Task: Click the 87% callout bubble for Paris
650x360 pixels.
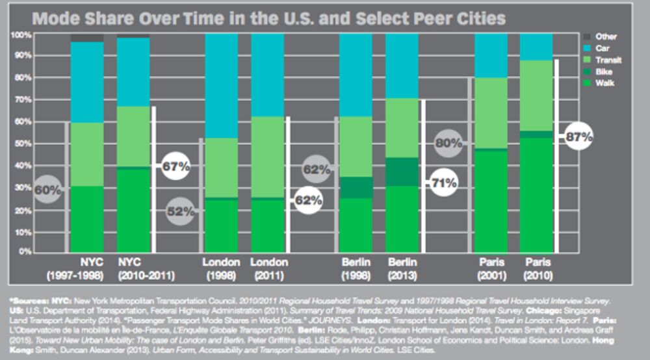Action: click(x=578, y=137)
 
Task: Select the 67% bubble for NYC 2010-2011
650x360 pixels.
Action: click(x=175, y=166)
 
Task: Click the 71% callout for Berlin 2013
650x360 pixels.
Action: click(x=443, y=183)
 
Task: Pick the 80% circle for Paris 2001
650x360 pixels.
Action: click(x=448, y=143)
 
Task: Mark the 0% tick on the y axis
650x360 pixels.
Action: click(x=23, y=251)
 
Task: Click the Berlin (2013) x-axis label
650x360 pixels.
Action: click(x=402, y=268)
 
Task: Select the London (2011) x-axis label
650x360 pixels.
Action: click(x=269, y=268)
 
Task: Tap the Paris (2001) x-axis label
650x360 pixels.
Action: click(x=491, y=268)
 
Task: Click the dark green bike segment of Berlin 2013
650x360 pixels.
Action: click(x=402, y=172)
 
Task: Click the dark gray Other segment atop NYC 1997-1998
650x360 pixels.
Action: click(x=87, y=37)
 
